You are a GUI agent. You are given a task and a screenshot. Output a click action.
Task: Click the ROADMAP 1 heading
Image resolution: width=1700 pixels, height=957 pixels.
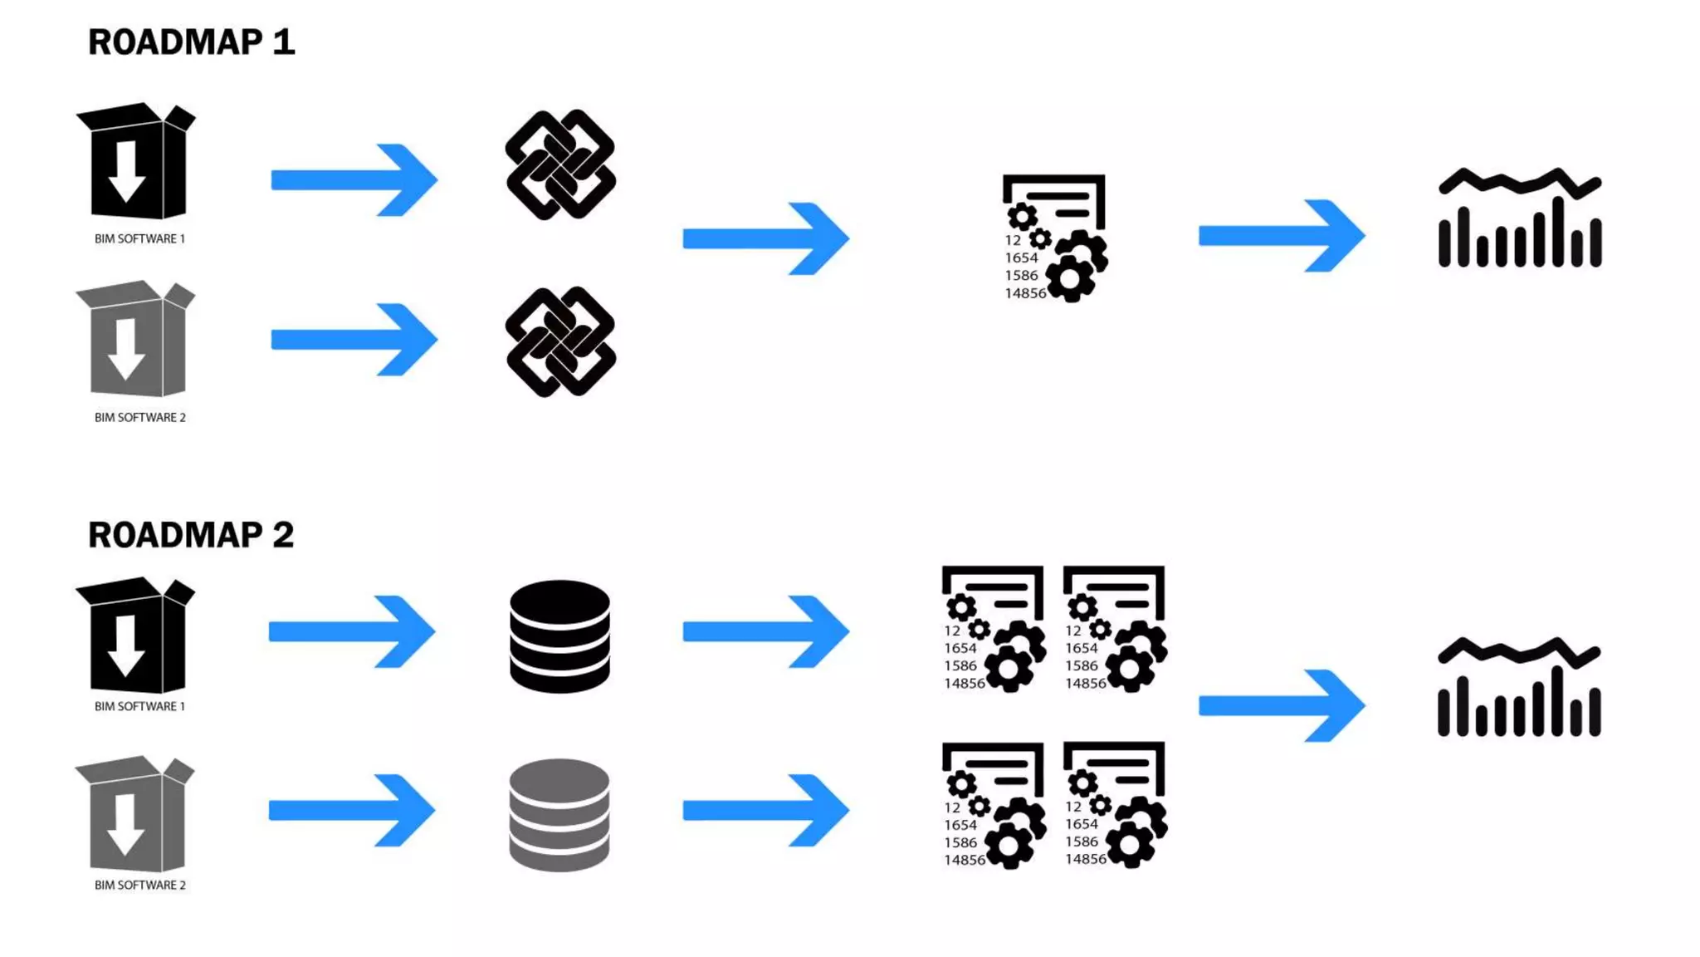[x=191, y=42]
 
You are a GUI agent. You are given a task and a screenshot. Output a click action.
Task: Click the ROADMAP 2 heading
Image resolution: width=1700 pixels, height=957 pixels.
[x=191, y=535]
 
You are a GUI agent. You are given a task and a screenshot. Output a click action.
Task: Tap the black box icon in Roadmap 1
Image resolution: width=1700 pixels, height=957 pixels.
[x=136, y=161]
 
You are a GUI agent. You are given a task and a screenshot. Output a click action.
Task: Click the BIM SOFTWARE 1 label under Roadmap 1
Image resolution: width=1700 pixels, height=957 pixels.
[x=139, y=239]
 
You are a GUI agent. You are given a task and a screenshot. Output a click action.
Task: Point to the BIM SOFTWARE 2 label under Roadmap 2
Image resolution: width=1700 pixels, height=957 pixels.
[x=139, y=886]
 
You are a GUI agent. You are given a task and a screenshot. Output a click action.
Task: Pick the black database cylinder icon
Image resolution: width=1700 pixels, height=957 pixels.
[x=559, y=636]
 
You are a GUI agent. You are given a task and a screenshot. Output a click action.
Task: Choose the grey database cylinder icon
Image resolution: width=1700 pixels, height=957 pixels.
[x=559, y=815]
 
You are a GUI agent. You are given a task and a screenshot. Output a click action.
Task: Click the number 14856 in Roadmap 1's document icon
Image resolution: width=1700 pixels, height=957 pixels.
[x=1025, y=293]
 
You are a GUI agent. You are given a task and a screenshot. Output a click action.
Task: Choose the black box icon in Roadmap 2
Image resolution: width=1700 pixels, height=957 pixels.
[x=136, y=636]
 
